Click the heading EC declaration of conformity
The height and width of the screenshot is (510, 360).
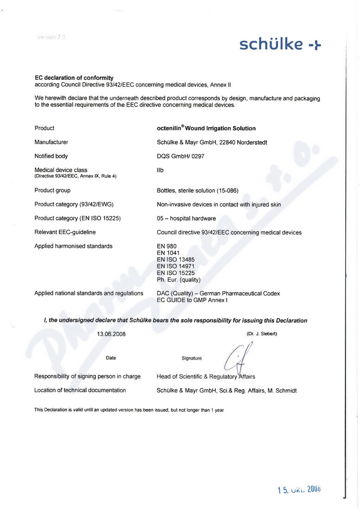click(74, 78)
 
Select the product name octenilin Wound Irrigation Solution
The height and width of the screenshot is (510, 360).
click(206, 128)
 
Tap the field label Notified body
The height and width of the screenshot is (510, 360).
click(51, 156)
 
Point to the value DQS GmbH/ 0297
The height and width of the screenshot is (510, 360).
click(181, 156)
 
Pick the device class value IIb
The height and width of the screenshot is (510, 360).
click(160, 170)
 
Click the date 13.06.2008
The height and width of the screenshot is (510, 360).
click(111, 334)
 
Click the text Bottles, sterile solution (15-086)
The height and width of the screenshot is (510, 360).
click(198, 191)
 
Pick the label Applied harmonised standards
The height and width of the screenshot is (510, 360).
click(73, 246)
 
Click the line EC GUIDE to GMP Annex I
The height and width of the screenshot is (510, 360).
click(193, 300)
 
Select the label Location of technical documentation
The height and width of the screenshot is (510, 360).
click(80, 390)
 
